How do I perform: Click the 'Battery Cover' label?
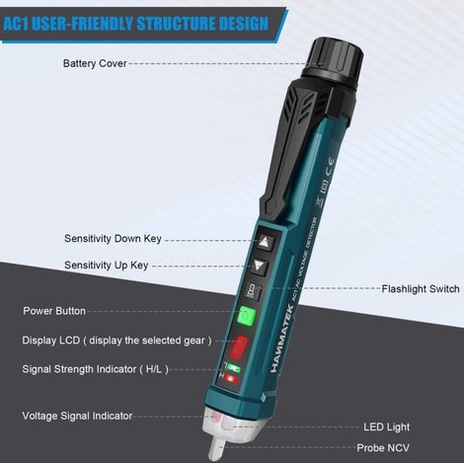tap(95, 63)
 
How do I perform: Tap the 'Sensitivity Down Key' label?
tap(113, 239)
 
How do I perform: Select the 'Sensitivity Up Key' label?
tap(107, 266)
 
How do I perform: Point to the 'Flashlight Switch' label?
tap(421, 289)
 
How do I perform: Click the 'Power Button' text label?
tap(54, 311)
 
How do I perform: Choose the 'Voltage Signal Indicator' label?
tap(77, 416)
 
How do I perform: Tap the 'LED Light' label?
tap(387, 427)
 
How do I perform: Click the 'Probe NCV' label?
tap(383, 448)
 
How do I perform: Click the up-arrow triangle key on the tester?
tap(265, 243)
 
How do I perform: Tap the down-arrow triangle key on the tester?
tap(260, 266)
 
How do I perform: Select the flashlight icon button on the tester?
tap(253, 291)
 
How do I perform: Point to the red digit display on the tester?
tap(239, 347)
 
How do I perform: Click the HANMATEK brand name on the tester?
tap(282, 339)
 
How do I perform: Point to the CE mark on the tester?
tap(330, 167)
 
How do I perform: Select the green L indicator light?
tap(234, 368)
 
